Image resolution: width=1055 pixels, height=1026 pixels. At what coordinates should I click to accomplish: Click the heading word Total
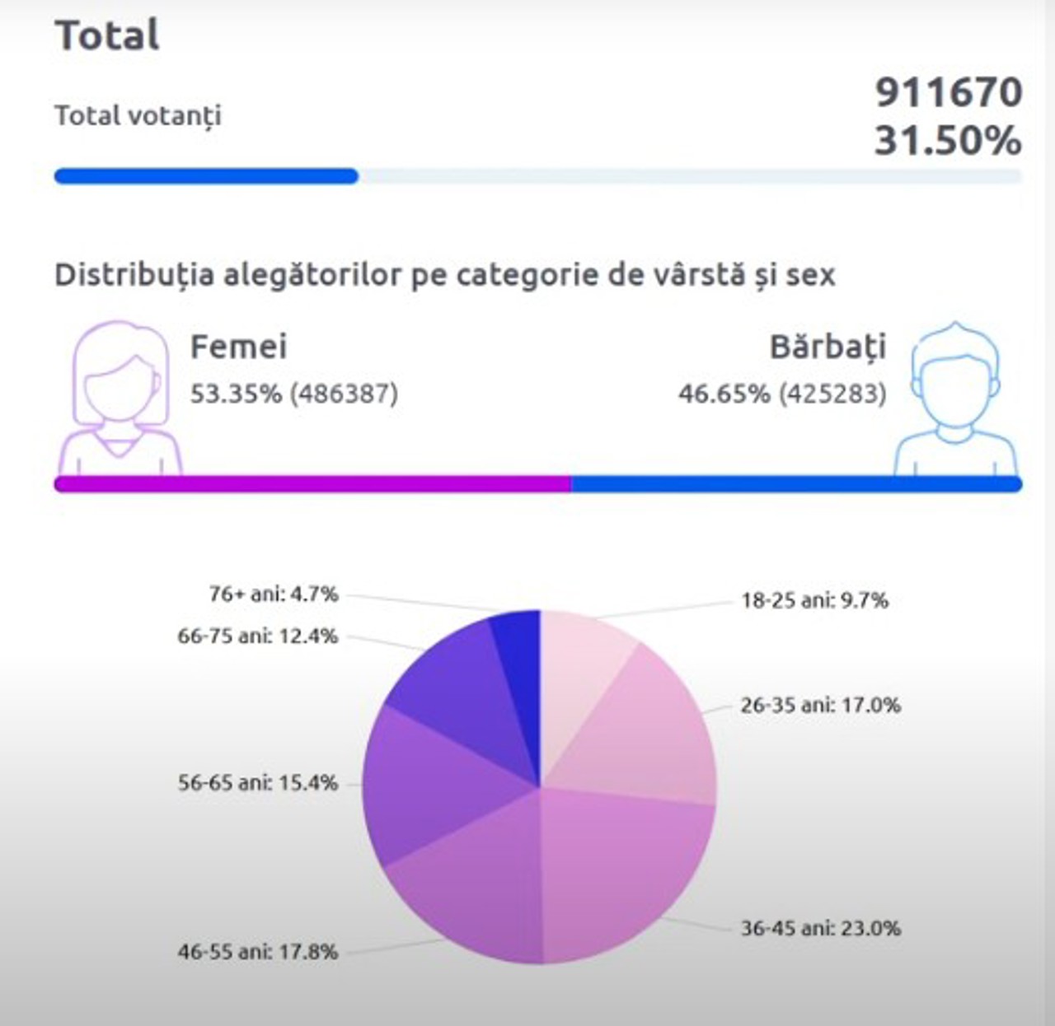coord(107,35)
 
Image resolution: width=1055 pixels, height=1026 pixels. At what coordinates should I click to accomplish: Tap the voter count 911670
coord(948,92)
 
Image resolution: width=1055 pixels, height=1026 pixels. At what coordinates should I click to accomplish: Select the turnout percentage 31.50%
coord(948,141)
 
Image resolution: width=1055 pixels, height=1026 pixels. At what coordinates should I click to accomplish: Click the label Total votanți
coord(138,115)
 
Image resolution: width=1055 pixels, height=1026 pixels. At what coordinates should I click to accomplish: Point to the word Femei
coord(238,347)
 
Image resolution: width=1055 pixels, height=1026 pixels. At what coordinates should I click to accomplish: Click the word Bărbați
coord(828,347)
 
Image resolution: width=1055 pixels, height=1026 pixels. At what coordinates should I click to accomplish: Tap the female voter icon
coord(120,398)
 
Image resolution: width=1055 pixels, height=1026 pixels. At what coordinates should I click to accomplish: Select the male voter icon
coord(956,399)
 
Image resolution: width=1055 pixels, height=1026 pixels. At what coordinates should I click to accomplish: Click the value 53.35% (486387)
coord(294,394)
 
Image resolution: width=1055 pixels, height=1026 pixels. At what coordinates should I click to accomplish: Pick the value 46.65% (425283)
coord(782,394)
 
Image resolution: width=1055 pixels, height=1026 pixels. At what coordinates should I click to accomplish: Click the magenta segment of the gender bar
coord(313,484)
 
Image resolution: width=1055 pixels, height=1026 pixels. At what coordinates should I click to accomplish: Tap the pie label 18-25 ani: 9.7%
coord(814,600)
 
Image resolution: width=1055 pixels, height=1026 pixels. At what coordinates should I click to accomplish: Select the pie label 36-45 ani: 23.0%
coord(820,928)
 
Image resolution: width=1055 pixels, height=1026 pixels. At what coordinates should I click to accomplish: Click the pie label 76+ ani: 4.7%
coord(274,594)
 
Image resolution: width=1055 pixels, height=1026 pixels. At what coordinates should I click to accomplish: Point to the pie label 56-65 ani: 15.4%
coord(258,783)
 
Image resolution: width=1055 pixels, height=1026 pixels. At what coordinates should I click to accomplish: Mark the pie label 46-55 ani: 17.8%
coord(258,952)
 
